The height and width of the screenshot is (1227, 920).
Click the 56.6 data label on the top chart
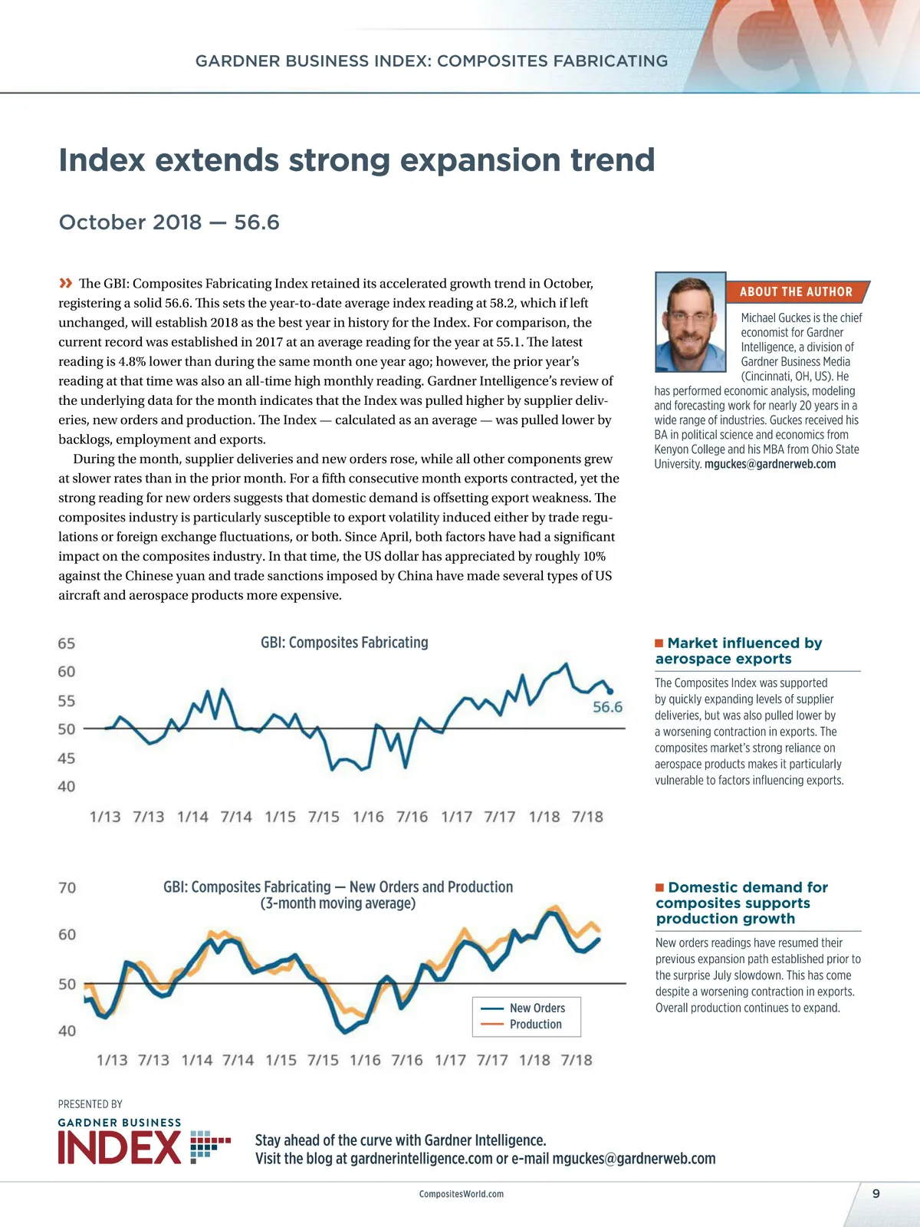click(x=607, y=707)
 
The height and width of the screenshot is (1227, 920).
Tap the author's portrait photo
click(x=690, y=322)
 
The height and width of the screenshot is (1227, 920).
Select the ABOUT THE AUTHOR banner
click(x=796, y=292)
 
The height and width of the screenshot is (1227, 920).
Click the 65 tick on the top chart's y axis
click(x=67, y=643)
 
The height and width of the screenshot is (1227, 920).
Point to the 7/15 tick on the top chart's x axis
click(x=324, y=817)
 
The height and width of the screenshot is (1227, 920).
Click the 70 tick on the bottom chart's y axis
click(x=67, y=888)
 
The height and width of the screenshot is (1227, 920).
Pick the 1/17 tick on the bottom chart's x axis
click(x=450, y=1060)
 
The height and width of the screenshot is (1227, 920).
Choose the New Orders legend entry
click(x=537, y=1008)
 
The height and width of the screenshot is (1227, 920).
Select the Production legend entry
click(x=535, y=1025)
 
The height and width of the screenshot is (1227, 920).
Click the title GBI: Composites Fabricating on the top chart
click(x=344, y=643)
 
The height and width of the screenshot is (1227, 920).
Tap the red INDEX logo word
click(x=120, y=1148)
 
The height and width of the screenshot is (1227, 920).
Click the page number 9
click(x=876, y=1193)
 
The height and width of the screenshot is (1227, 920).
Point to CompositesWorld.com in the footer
click(x=462, y=1194)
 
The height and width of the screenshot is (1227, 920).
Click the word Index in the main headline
click(x=102, y=160)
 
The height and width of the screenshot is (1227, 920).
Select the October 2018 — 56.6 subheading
click(x=169, y=222)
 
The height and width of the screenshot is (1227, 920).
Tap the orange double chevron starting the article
click(x=66, y=284)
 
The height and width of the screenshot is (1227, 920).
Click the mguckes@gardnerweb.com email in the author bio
click(x=770, y=464)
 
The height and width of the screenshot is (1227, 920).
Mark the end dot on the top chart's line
click(x=610, y=691)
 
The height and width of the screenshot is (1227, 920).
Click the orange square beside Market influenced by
click(x=659, y=643)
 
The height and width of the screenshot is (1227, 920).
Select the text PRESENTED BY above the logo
click(x=90, y=1104)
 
